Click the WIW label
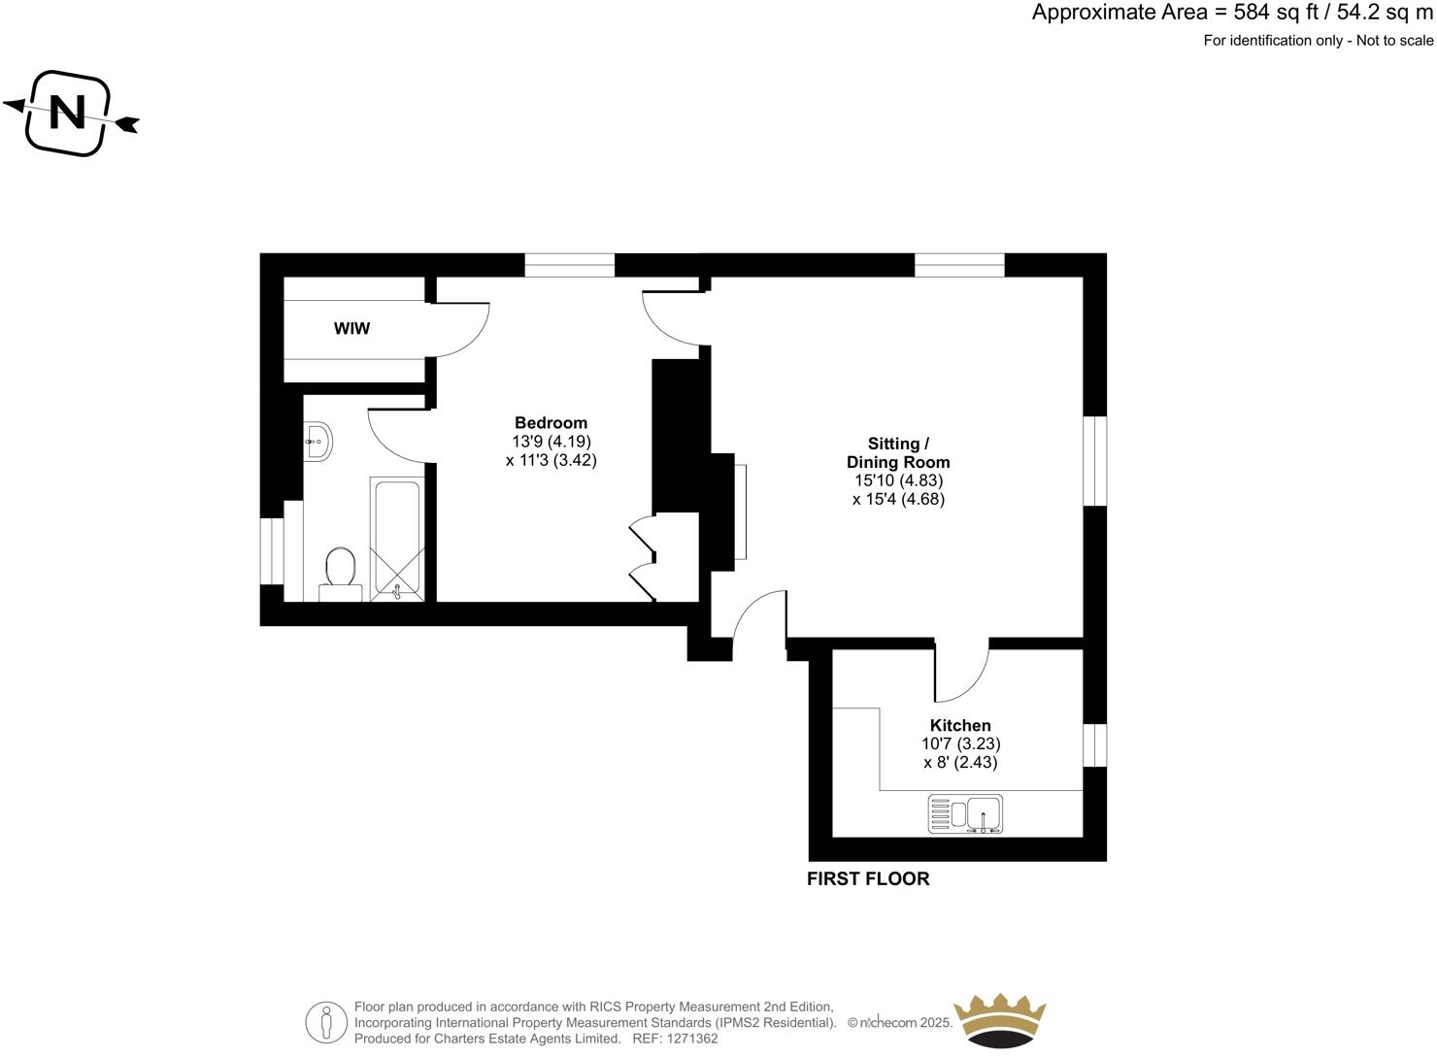click(x=351, y=329)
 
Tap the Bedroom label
click(x=551, y=423)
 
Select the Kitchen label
click(x=960, y=726)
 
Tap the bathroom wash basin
click(x=317, y=442)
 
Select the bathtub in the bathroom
click(x=395, y=539)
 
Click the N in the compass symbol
click(x=67, y=114)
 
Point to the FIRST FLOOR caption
click(x=868, y=879)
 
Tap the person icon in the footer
click(x=326, y=1023)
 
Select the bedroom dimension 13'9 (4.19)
click(x=551, y=442)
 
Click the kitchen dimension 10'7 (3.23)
click(x=960, y=744)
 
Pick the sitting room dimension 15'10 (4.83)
click(x=898, y=480)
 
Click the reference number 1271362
click(x=687, y=1039)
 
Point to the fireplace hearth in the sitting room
click(x=741, y=511)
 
